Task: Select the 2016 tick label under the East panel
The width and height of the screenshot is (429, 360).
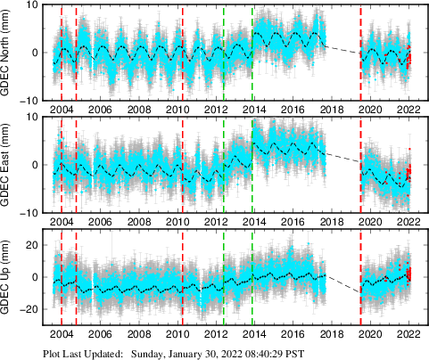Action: [293, 221]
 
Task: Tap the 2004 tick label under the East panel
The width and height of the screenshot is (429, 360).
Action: [62, 221]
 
